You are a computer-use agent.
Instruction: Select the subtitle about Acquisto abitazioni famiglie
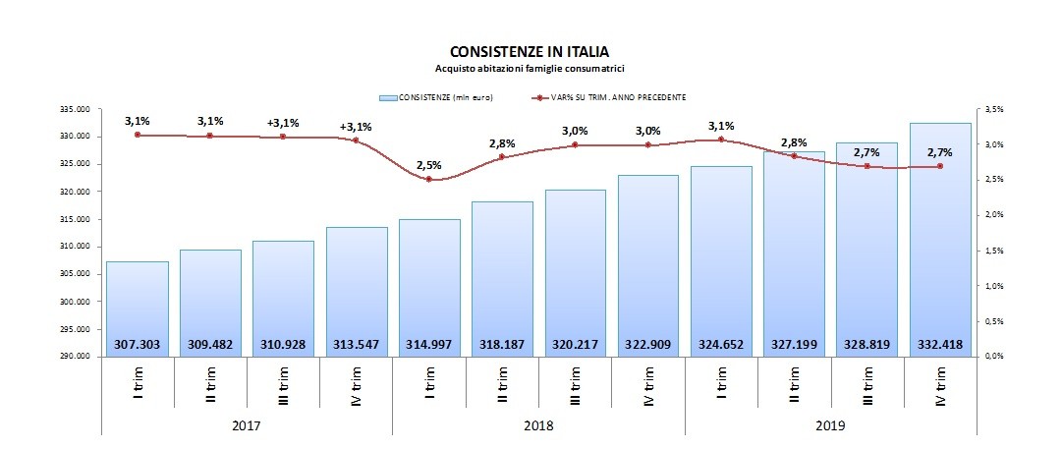pos(531,69)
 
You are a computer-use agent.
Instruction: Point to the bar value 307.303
pos(137,345)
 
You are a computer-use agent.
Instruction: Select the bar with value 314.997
pos(429,285)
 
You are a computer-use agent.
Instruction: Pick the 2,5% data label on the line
pos(429,163)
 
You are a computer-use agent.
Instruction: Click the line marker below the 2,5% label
pos(429,180)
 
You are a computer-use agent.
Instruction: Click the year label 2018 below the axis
pos(538,424)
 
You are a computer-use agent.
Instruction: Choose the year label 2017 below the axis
pos(247,424)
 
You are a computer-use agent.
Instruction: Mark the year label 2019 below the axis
pos(830,424)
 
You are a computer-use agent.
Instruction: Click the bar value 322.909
pos(648,345)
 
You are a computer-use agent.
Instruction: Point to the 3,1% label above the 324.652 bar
pos(721,126)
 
